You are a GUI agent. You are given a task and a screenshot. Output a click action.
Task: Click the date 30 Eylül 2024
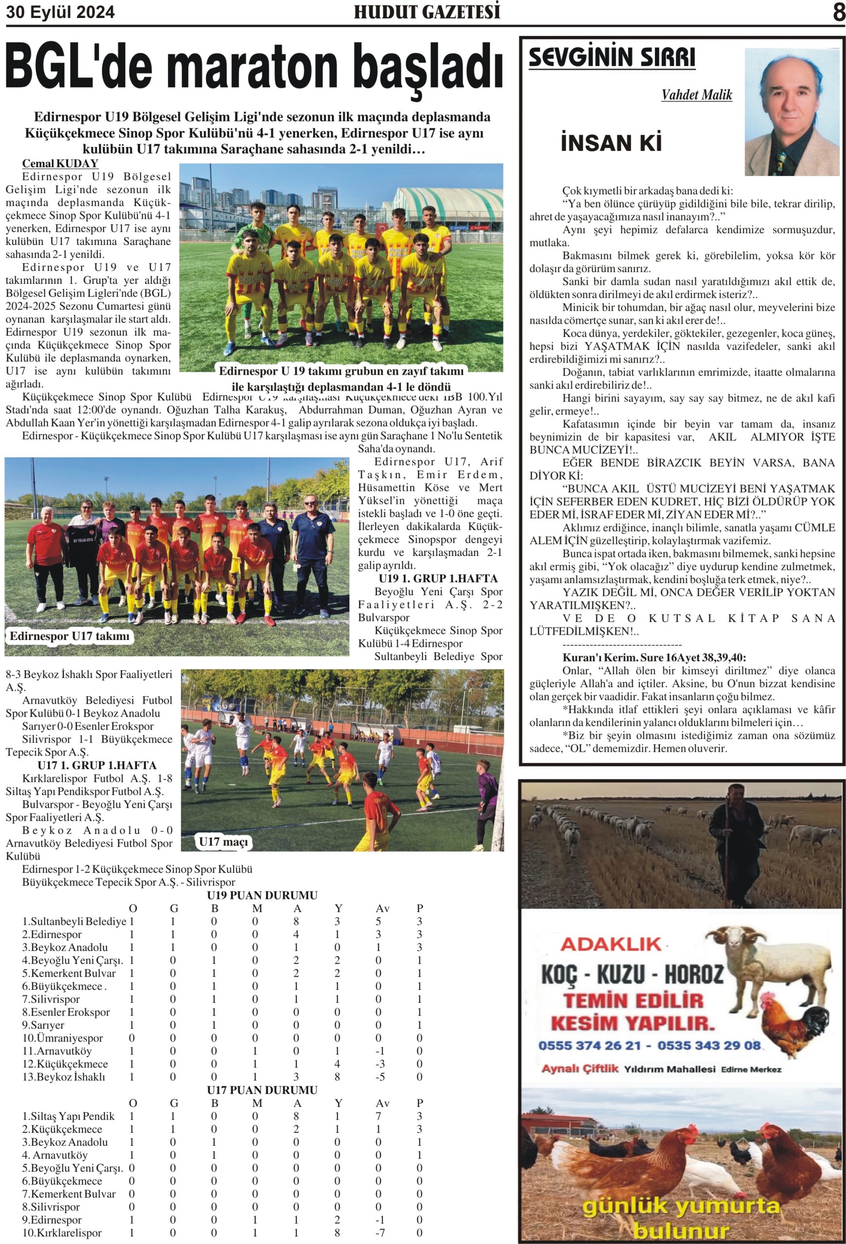point(60,12)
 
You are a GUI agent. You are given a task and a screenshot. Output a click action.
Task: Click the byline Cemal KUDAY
point(60,163)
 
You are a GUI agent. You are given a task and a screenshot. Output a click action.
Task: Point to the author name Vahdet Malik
point(696,95)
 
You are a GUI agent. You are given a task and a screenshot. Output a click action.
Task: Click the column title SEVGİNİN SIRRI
point(612,57)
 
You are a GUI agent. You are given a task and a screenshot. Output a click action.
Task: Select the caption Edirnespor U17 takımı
point(69,636)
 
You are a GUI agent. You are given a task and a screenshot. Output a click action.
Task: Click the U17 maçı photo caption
point(223,842)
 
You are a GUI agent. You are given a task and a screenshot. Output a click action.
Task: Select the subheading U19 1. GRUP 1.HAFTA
point(438,578)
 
